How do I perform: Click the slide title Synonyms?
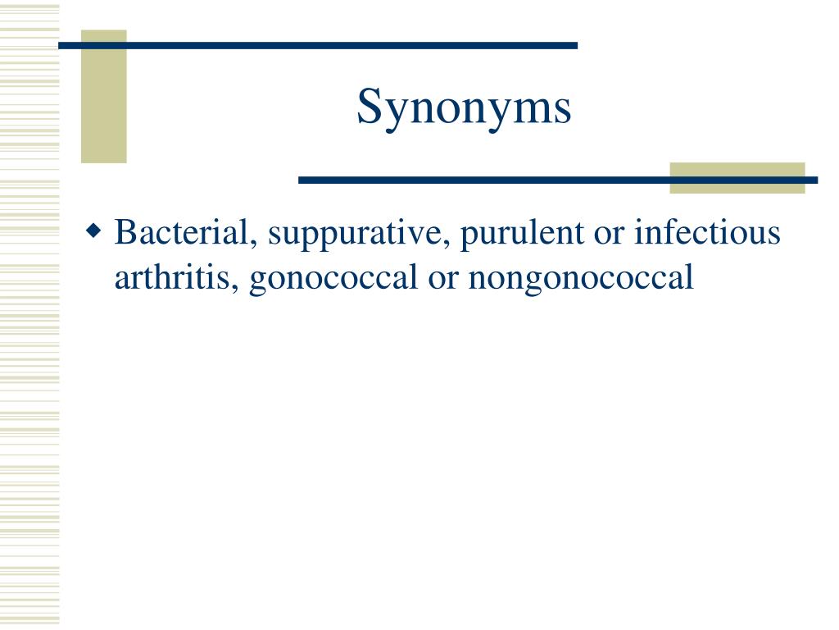pos(464,108)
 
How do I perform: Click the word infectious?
pos(707,234)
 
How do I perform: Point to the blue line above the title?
pos(318,45)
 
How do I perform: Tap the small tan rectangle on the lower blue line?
pos(737,178)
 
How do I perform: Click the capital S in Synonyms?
pos(368,108)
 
